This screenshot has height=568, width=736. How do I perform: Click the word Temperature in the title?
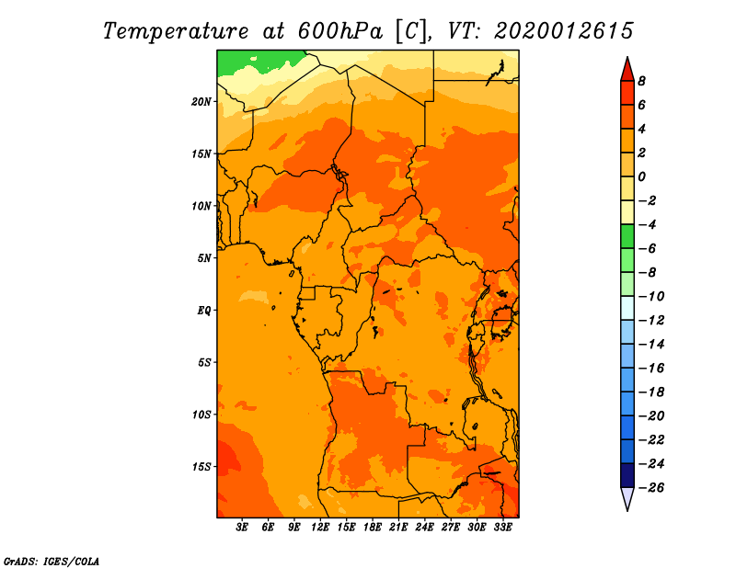pyautogui.click(x=176, y=32)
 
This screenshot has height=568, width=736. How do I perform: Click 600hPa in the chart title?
pyautogui.click(x=339, y=31)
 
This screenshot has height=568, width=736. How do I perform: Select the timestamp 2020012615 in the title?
pyautogui.click(x=564, y=31)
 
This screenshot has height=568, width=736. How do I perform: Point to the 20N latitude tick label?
pyautogui.click(x=201, y=102)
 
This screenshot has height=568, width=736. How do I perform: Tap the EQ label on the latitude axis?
pyautogui.click(x=203, y=311)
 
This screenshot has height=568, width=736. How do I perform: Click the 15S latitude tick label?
pyautogui.click(x=201, y=467)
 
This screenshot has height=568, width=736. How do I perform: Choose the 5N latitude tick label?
pyautogui.click(x=204, y=258)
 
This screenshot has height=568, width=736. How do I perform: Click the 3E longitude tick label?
pyautogui.click(x=242, y=527)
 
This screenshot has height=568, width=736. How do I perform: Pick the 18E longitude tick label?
pyautogui.click(x=373, y=527)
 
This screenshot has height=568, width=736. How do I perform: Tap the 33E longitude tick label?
pyautogui.click(x=502, y=527)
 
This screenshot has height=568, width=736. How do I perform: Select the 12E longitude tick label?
pyautogui.click(x=320, y=527)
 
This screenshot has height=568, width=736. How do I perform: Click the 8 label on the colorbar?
pyautogui.click(x=641, y=81)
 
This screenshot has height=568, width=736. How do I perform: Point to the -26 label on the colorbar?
pyautogui.click(x=651, y=488)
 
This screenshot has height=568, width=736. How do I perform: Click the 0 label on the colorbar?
pyautogui.click(x=641, y=176)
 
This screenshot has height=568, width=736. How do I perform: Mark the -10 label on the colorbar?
pyautogui.click(x=651, y=297)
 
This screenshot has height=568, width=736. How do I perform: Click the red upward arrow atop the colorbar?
pyautogui.click(x=627, y=70)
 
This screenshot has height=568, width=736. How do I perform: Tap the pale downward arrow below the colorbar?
pyautogui.click(x=627, y=498)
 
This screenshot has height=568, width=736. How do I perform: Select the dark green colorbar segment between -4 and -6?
pyautogui.click(x=627, y=236)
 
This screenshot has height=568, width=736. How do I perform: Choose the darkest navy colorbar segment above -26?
pyautogui.click(x=627, y=475)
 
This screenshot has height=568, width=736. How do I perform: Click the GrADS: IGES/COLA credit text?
pyautogui.click(x=52, y=562)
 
